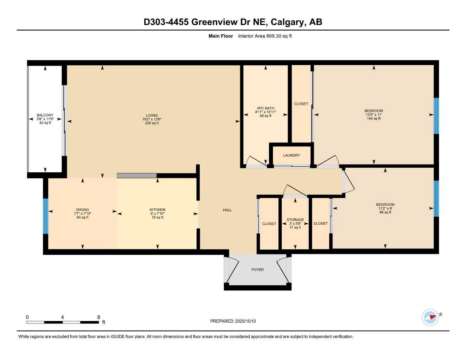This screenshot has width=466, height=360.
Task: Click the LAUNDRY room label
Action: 291,155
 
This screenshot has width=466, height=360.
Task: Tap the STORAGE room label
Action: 295,220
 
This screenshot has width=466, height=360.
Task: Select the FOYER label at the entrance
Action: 257,270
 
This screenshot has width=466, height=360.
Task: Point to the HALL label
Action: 227,210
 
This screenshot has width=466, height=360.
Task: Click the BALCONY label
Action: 45,115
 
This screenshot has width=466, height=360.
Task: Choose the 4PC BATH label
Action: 265,108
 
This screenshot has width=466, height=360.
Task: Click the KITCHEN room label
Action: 157,210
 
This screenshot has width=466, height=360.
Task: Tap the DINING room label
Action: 83,210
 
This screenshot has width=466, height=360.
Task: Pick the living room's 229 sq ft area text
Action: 152,123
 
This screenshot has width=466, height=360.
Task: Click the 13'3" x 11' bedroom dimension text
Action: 374,115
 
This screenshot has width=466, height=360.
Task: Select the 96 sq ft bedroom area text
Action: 385,212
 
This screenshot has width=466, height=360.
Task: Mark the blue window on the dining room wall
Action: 45,216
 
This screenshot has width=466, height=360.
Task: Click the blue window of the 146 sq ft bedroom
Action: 436,116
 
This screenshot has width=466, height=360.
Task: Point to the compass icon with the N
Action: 430,317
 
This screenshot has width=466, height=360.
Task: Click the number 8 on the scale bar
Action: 98,317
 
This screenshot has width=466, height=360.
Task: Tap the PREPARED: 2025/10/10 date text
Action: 233,321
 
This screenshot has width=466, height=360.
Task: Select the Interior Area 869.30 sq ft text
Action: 265,36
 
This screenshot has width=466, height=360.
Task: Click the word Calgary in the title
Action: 288,22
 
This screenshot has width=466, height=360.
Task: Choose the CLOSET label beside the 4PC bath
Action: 301,104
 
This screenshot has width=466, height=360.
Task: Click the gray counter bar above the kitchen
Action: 136,175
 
